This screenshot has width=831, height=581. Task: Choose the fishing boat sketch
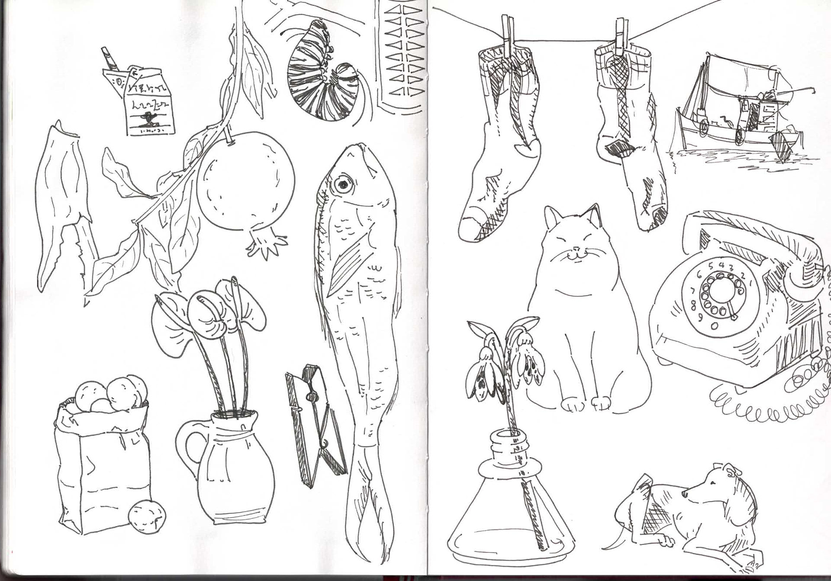(736, 117)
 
